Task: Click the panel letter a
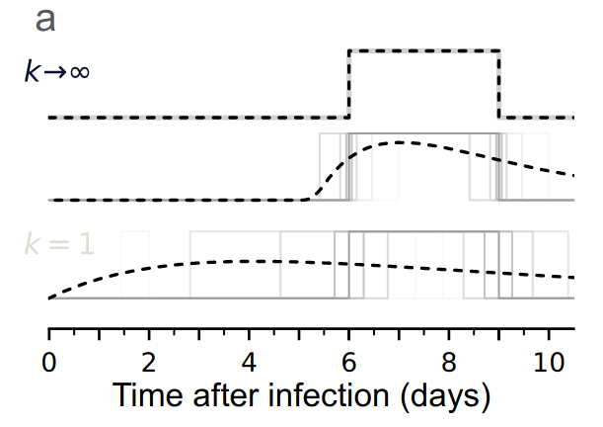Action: pos(45,20)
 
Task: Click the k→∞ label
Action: pos(56,72)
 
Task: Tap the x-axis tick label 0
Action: pos(48,361)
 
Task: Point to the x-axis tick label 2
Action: pos(149,361)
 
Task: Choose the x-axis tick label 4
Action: pos(249,361)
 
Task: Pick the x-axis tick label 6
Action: pos(349,361)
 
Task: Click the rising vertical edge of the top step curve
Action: pos(349,84)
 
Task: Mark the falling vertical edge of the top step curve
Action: pos(499,84)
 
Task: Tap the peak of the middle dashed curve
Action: pos(400,142)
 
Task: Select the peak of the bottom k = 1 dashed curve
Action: pos(237,261)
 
